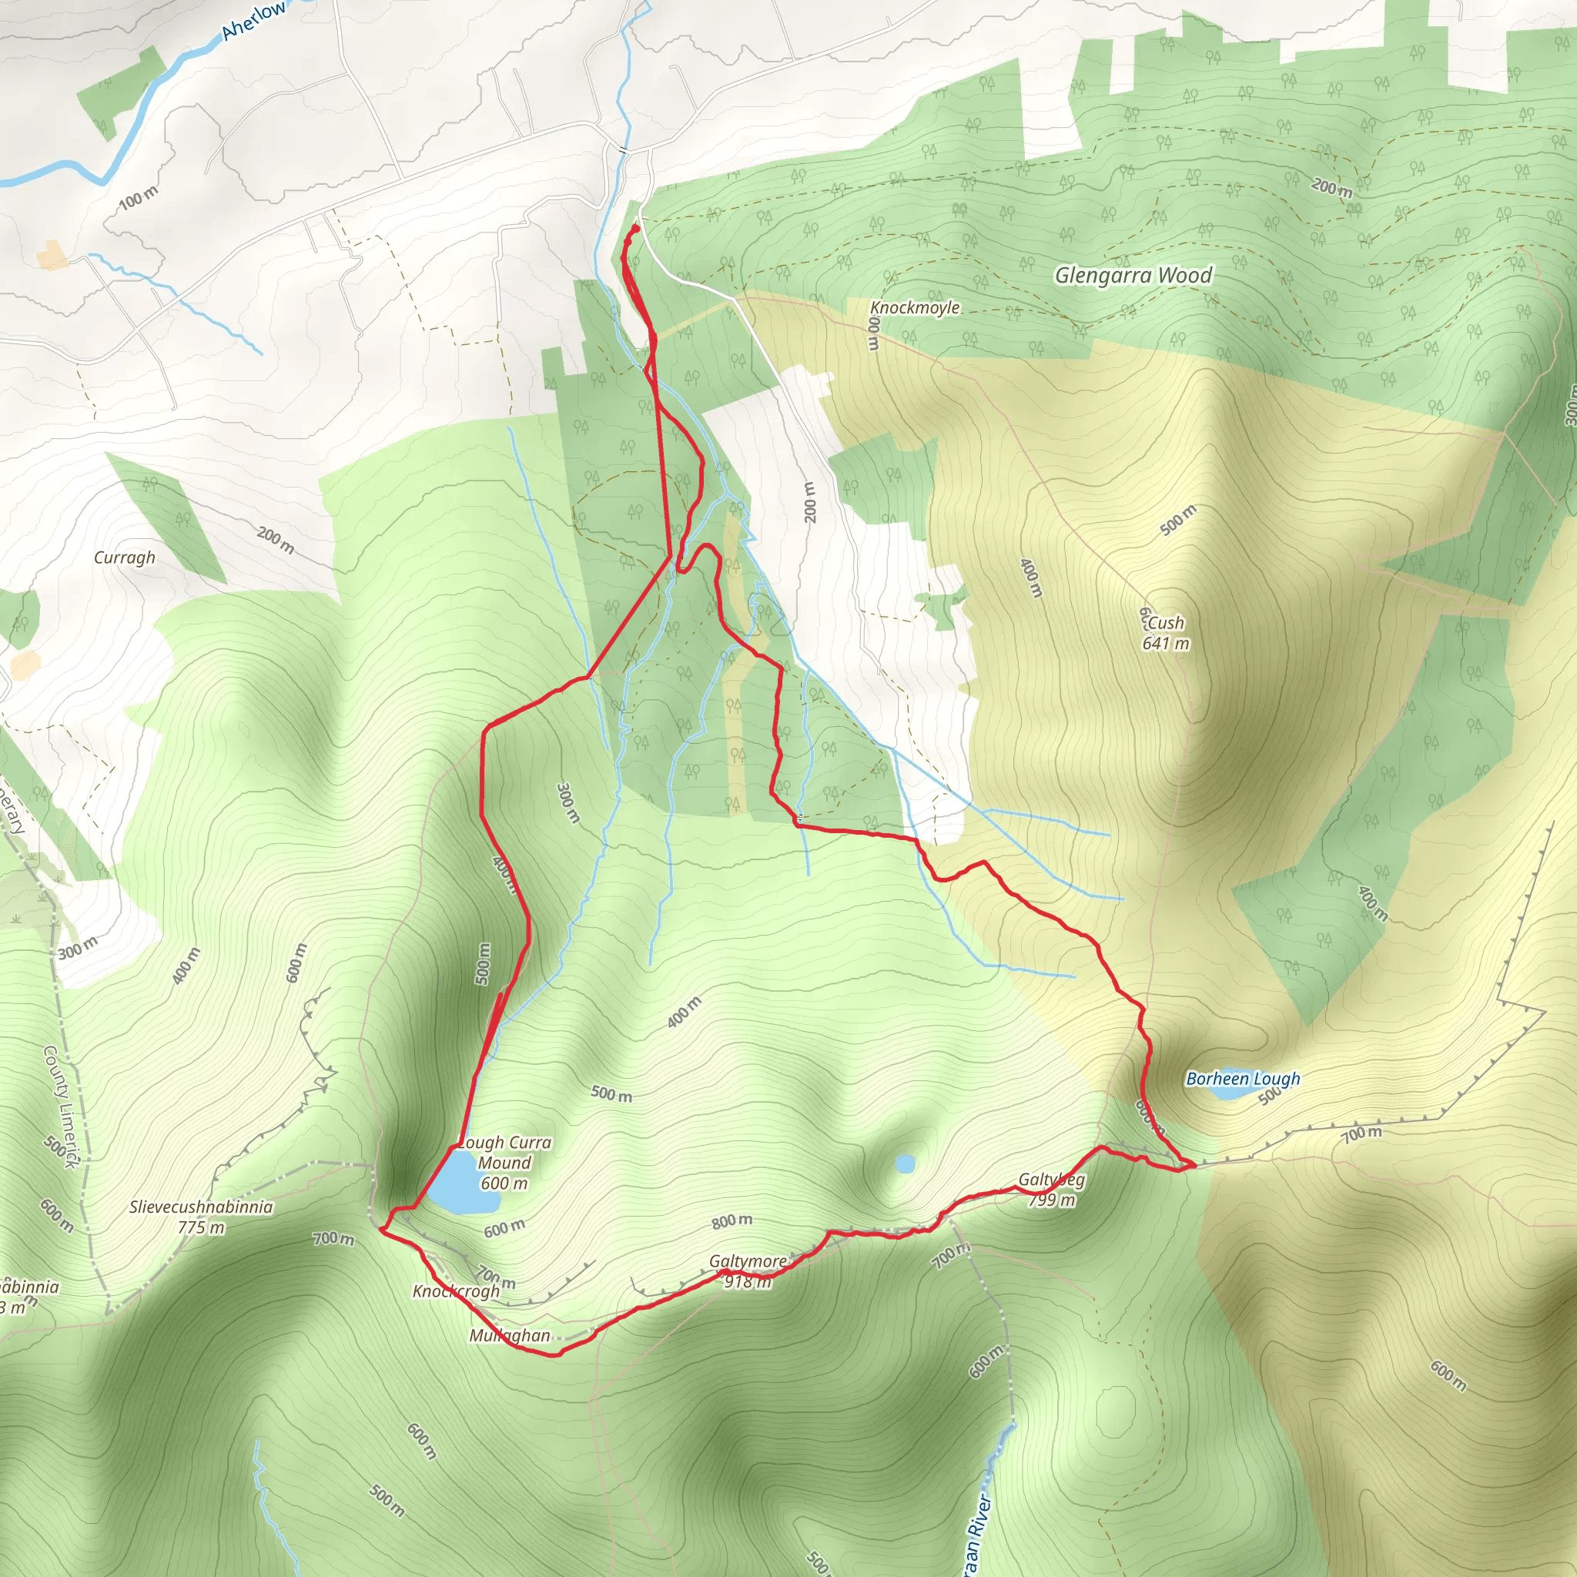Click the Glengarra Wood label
point(1133,275)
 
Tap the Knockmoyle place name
point(914,308)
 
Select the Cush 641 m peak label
point(1165,633)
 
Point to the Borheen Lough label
point(1242,1078)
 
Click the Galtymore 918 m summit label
point(747,1271)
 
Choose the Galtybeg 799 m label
point(1051,1189)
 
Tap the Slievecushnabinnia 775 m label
point(201,1216)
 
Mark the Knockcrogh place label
point(456,1291)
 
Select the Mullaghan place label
point(509,1335)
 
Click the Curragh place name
point(124,557)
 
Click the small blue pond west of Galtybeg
point(905,1163)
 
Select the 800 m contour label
point(732,1220)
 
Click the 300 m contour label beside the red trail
point(568,802)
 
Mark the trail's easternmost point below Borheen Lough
point(1195,1166)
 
